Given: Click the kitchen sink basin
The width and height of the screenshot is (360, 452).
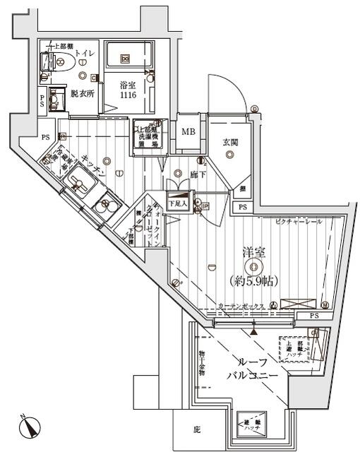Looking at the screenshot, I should tap(79, 187).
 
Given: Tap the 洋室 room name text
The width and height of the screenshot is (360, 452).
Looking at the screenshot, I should tap(254, 251).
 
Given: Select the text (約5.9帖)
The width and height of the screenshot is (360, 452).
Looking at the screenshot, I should tap(254, 280).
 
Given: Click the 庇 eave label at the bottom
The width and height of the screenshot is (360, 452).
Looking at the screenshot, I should tap(196, 429).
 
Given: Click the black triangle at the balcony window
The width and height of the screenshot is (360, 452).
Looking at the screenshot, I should tap(253, 330).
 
